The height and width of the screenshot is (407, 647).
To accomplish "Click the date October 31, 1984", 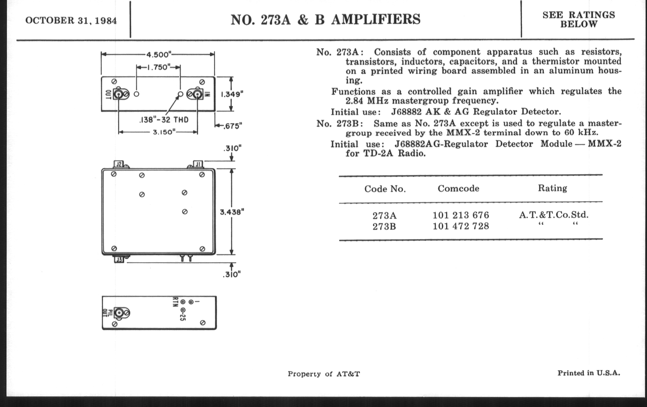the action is click(x=71, y=21).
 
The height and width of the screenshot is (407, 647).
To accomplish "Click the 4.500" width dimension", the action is click(x=159, y=55).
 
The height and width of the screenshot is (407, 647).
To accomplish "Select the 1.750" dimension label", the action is click(x=159, y=67).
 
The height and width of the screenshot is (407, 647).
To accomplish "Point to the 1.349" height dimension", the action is click(x=232, y=94).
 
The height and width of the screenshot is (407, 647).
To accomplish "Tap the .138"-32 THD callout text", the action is click(x=164, y=120).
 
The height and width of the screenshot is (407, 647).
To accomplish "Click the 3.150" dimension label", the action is click(x=164, y=132).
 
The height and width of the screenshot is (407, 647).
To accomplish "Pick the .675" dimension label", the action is click(x=233, y=126).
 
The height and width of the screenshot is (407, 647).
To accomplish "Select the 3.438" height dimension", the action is click(x=232, y=212).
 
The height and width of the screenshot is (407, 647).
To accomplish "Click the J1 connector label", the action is click(x=198, y=164).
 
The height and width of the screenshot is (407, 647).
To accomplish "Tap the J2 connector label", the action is click(x=119, y=164).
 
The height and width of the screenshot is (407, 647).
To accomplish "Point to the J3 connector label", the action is click(x=119, y=260).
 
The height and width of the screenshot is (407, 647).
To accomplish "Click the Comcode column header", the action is click(x=458, y=188).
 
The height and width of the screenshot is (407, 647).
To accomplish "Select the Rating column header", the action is click(x=552, y=188).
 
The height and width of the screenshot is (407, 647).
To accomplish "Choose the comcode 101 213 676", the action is click(x=461, y=215).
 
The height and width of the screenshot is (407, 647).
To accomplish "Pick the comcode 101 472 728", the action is click(x=461, y=226).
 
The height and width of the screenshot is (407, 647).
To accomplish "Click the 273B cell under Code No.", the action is click(x=384, y=227).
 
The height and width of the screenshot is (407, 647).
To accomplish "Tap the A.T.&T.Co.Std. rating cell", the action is click(x=554, y=215).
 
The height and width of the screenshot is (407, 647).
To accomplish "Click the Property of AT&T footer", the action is click(x=324, y=374).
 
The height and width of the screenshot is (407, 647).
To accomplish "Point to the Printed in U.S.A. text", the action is click(x=589, y=373).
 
